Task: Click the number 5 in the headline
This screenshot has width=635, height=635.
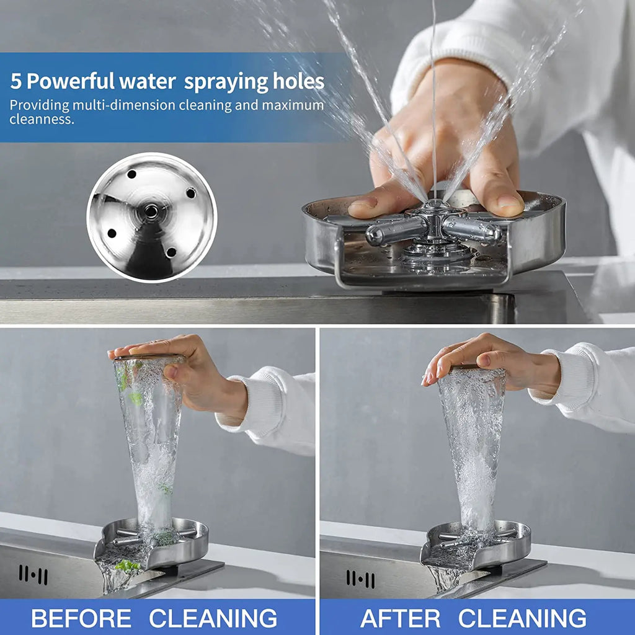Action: tap(16, 81)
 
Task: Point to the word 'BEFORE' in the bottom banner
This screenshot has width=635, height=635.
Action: tap(81, 618)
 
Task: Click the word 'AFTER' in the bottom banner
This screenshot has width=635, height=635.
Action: tap(400, 618)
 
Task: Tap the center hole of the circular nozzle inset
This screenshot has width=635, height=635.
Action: tap(151, 211)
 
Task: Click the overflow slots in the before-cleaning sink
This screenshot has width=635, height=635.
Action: tap(33, 574)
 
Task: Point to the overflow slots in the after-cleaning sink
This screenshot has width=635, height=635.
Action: tap(360, 579)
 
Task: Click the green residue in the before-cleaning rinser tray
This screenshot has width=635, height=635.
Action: tap(127, 565)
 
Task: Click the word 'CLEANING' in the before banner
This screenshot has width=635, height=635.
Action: tap(213, 618)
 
